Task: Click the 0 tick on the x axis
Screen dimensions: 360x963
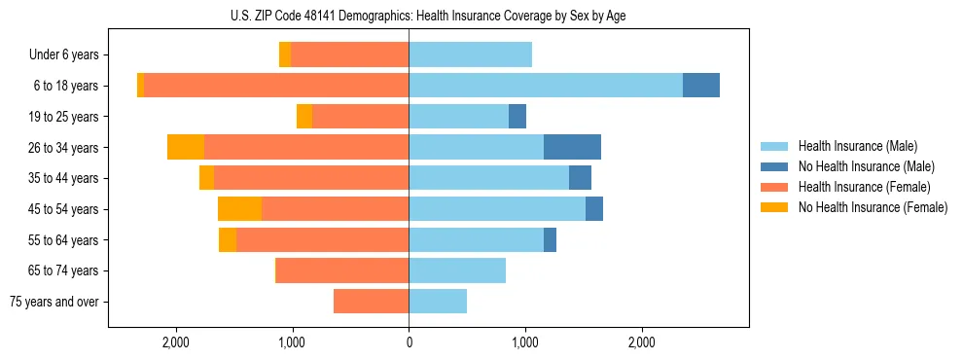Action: click(x=409, y=342)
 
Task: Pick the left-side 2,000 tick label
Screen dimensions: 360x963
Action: click(x=176, y=342)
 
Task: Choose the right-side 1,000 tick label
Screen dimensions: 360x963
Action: click(x=525, y=342)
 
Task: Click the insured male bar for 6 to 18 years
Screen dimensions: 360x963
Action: click(x=546, y=86)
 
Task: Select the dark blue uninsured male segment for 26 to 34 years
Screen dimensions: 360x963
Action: click(x=572, y=147)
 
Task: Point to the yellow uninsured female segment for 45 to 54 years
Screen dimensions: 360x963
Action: click(x=239, y=209)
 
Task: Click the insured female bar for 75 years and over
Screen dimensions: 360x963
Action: click(x=372, y=302)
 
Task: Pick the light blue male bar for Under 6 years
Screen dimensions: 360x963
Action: click(x=470, y=54)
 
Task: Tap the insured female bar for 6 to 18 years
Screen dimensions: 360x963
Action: click(x=276, y=86)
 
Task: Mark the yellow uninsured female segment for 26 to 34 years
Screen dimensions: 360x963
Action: click(x=186, y=147)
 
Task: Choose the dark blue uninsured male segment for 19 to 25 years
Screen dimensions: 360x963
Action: click(x=517, y=117)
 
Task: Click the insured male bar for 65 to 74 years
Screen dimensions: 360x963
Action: click(x=457, y=270)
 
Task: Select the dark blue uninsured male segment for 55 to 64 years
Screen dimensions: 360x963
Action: click(x=550, y=239)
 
